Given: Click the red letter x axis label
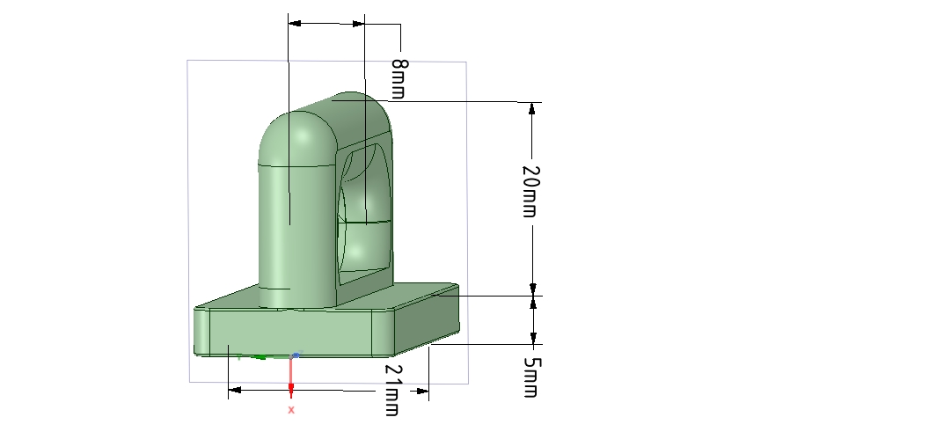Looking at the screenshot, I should click(x=291, y=410).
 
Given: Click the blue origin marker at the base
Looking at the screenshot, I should click(x=296, y=355).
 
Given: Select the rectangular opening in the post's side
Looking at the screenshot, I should click(x=363, y=211).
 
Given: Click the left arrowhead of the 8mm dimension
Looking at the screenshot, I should click(x=295, y=22).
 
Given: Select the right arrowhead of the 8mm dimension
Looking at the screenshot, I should click(x=358, y=22).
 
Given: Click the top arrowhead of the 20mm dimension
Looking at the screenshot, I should click(x=532, y=108).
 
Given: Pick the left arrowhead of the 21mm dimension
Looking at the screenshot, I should click(x=235, y=389).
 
